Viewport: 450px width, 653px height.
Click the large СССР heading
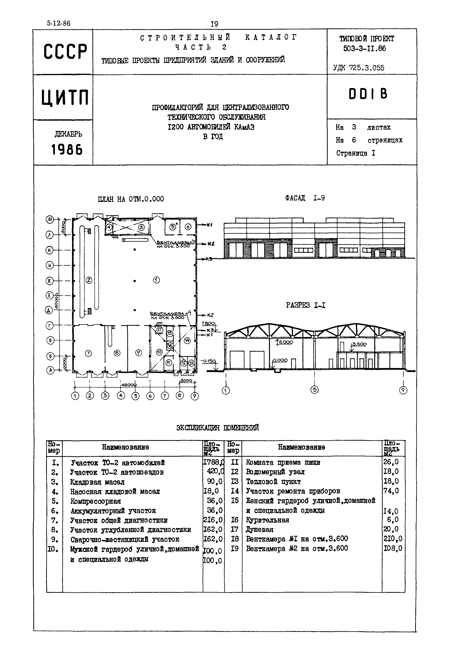click(x=65, y=52)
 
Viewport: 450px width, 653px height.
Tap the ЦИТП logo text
click(x=65, y=98)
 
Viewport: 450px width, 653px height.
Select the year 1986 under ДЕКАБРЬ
click(x=67, y=149)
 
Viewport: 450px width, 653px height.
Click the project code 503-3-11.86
click(x=364, y=49)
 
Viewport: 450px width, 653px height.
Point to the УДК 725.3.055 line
click(x=359, y=68)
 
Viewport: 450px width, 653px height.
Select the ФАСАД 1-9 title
click(x=305, y=198)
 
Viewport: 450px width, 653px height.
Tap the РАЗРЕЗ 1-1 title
click(x=305, y=306)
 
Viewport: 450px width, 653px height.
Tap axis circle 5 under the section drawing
click(x=314, y=390)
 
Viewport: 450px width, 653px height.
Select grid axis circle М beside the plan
click(x=50, y=219)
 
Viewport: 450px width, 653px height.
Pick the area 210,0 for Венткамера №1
click(x=393, y=539)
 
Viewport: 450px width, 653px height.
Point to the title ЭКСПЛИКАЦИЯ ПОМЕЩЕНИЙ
click(x=217, y=428)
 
